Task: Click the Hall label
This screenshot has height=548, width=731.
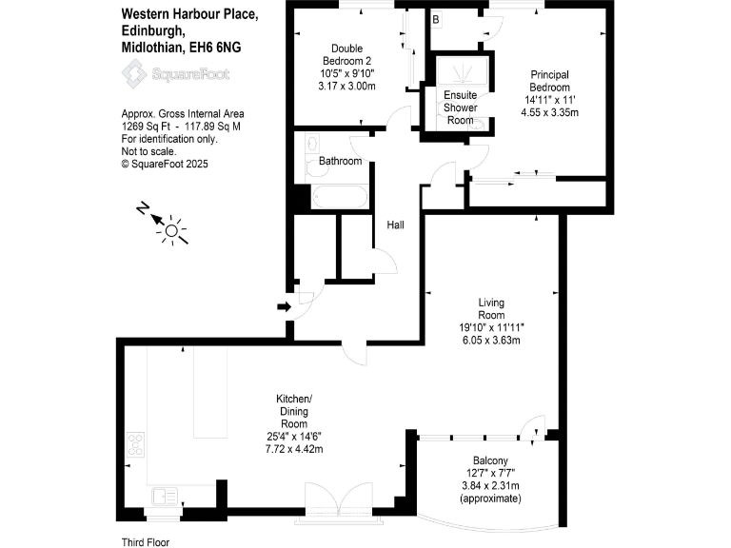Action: (395, 225)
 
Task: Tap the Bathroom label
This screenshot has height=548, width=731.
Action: (340, 162)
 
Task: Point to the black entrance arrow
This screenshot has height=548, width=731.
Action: (283, 306)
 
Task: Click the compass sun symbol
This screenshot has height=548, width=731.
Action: (172, 229)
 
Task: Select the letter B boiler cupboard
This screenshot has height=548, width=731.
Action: (436, 20)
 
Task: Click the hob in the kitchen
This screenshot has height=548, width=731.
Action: (135, 445)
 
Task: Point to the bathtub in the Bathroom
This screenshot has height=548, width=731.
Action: (339, 199)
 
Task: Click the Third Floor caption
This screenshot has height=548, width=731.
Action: (145, 541)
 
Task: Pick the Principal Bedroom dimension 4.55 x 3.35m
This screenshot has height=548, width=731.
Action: (550, 112)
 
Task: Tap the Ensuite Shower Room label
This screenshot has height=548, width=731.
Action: (460, 108)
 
